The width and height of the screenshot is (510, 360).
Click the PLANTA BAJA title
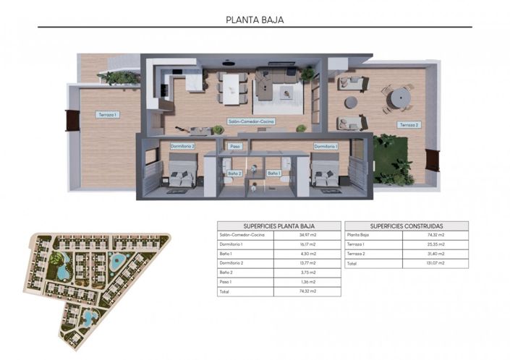click(255, 20)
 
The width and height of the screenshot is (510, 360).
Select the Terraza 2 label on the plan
click(407, 125)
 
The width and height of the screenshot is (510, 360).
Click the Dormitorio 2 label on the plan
click(182, 146)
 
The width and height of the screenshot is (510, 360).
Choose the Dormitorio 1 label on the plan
click(326, 146)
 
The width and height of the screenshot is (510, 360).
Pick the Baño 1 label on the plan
click(273, 173)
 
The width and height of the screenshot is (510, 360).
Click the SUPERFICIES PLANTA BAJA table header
click(279, 226)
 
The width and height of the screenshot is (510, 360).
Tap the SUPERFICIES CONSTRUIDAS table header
click(407, 226)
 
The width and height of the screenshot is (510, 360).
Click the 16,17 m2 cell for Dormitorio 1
click(308, 245)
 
